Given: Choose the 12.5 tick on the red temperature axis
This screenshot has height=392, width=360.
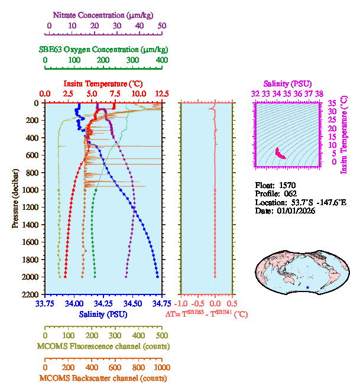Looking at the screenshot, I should click(161, 94).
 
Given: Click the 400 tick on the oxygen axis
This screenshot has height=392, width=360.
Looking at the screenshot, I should click(161, 60).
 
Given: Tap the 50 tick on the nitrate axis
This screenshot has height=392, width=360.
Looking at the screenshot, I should click(161, 26).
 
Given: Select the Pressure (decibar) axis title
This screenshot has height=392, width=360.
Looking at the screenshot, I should click(15, 198).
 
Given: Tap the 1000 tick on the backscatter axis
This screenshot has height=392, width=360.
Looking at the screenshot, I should click(161, 367).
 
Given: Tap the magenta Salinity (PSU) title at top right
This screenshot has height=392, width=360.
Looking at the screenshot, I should click(287, 84).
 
